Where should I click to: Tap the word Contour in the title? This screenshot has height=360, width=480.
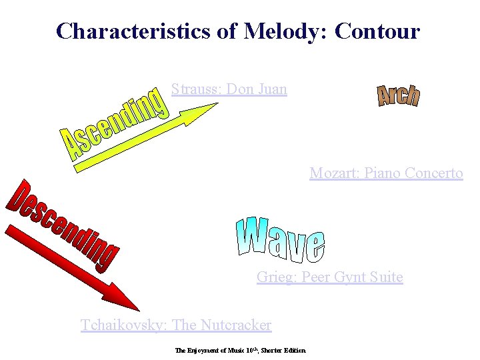pyautogui.click(x=377, y=31)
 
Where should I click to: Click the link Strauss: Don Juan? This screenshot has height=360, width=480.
pyautogui.click(x=229, y=89)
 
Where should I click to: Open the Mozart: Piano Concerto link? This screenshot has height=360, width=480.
pyautogui.click(x=386, y=173)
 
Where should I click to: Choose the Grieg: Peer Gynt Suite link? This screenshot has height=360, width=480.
pyautogui.click(x=329, y=277)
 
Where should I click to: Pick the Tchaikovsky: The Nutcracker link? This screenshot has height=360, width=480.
pyautogui.click(x=176, y=325)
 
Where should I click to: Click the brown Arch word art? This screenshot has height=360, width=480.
pyautogui.click(x=398, y=96)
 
